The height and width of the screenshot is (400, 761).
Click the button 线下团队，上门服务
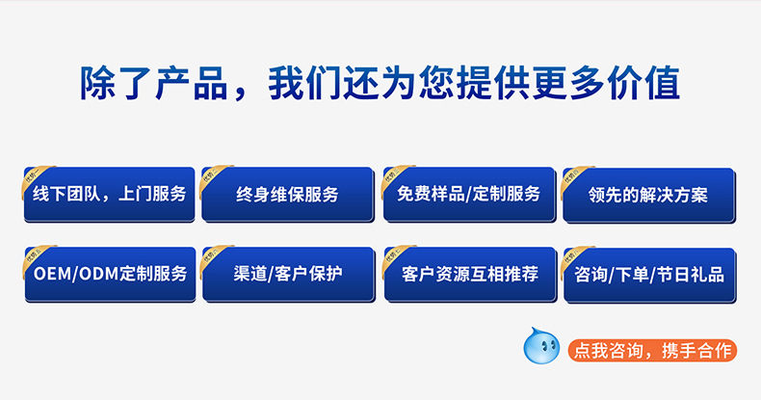pos(109,194)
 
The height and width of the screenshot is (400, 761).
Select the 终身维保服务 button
pos(287,194)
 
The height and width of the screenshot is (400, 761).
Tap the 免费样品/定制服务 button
pos(469,193)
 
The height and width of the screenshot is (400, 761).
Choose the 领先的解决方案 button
pos(648,194)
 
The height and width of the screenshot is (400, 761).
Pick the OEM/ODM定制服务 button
pos(109,274)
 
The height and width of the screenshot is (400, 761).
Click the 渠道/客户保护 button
pos(287,274)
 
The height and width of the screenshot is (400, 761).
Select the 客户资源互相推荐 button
pos(469,274)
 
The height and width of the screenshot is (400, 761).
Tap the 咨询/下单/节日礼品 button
pos(648,274)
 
